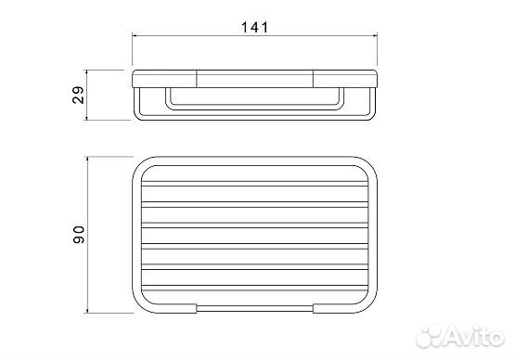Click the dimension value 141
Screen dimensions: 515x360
(254, 27)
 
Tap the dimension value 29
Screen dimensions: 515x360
(79, 95)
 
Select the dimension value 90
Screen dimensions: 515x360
(79, 235)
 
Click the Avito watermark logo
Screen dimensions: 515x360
(460, 336)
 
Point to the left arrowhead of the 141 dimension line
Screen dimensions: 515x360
(135, 35)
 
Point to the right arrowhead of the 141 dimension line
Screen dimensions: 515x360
(374, 35)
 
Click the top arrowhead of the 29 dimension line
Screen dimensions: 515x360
(87, 73)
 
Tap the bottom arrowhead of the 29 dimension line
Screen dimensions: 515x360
(87, 117)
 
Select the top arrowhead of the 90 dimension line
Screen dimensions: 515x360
(88, 160)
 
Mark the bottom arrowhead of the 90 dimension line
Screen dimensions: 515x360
(88, 309)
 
